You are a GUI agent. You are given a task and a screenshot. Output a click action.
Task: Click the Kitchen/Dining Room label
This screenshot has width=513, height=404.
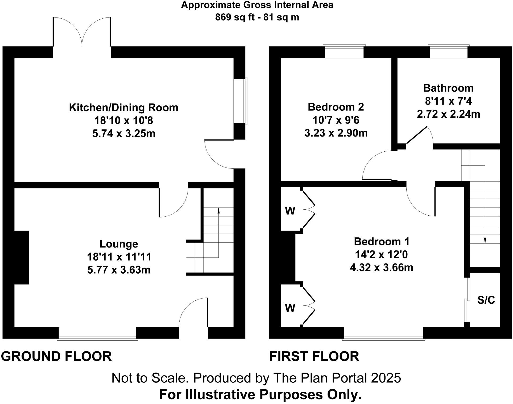pos(123,108)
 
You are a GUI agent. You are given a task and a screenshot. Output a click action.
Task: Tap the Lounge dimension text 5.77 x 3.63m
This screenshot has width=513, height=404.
pos(119,270)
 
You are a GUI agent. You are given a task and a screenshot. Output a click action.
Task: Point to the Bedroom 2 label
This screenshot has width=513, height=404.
pos(336,107)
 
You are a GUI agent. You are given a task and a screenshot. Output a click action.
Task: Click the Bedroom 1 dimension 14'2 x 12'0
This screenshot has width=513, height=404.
pos(381,255)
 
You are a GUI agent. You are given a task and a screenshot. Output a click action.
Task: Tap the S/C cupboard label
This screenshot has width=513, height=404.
pos(486,300)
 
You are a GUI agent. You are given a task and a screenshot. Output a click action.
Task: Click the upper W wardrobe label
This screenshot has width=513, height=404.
pos(290,211)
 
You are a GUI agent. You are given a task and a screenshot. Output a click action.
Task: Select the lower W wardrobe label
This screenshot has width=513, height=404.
pos(290,308)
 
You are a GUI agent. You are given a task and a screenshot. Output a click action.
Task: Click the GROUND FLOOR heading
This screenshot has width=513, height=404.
pos(56,356)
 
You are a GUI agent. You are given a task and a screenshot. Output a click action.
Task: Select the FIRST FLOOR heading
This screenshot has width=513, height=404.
pos(314,356)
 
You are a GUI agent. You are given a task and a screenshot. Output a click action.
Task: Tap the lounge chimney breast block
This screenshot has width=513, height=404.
pos(21,257)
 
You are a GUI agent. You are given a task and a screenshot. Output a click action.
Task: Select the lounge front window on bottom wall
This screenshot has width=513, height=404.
pos(97,333)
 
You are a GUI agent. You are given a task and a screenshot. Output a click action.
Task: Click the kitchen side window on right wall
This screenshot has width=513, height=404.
pos(240,101)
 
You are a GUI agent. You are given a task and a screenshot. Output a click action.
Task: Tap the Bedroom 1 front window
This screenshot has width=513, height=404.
pos(383,333)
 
